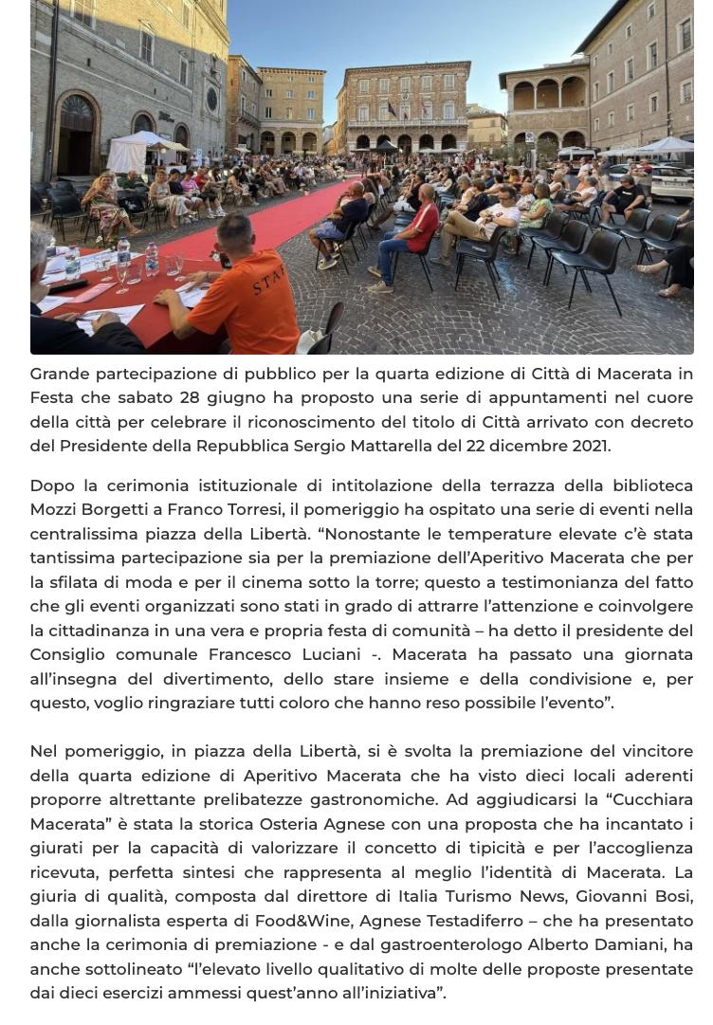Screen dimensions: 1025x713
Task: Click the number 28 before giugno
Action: [192, 397]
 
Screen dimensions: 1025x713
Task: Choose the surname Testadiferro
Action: [467, 921]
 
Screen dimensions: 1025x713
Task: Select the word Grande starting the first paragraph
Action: [62, 374]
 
